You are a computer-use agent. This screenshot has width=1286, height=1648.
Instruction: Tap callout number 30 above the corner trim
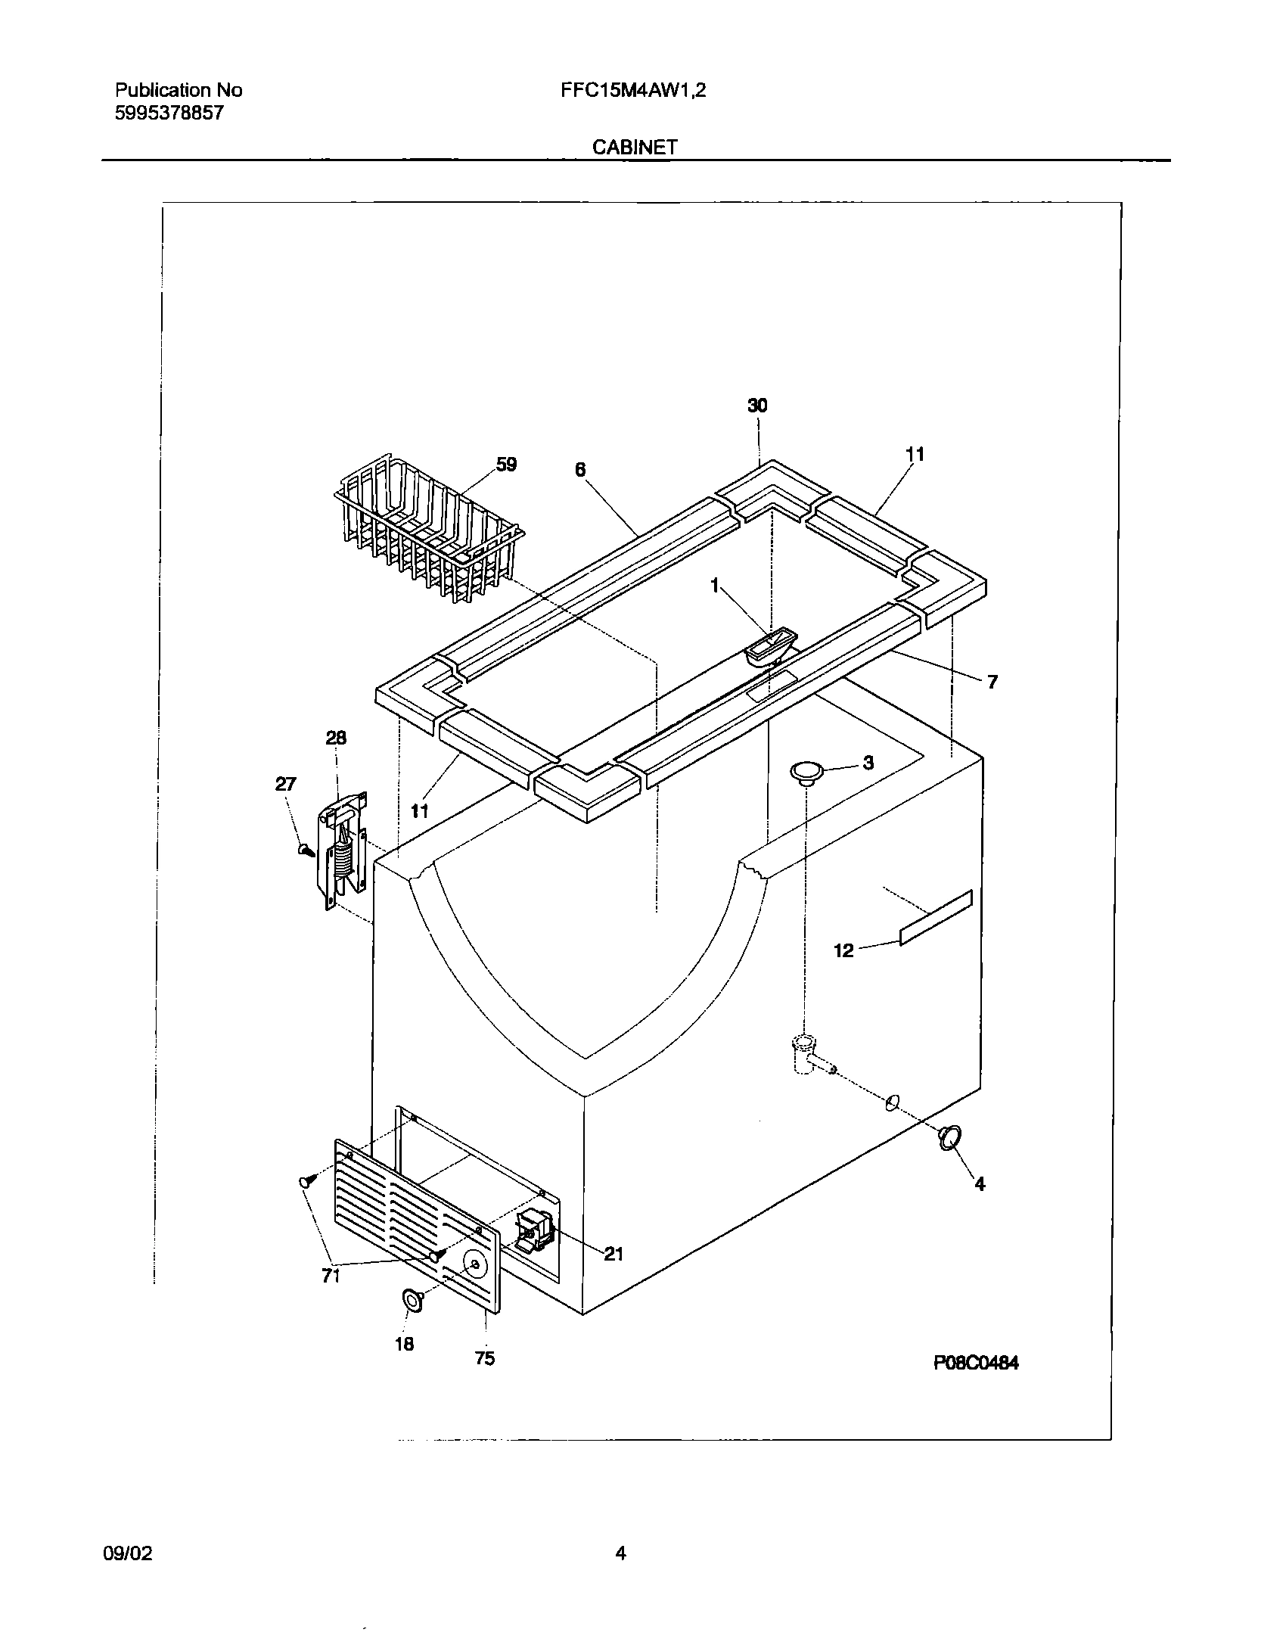757,406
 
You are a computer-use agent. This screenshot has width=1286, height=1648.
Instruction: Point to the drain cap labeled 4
949,1158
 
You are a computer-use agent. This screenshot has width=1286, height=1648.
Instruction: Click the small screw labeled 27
306,851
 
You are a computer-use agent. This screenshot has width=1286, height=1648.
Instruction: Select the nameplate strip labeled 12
936,917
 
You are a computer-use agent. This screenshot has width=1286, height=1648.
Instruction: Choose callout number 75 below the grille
485,1358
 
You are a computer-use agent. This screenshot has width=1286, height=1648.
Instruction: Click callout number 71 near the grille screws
331,1276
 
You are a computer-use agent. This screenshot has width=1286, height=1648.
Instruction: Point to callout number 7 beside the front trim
992,682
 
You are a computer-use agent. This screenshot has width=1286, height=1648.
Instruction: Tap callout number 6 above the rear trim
580,469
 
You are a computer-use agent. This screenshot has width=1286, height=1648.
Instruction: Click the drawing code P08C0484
976,1363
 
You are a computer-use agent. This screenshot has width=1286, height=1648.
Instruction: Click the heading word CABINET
634,147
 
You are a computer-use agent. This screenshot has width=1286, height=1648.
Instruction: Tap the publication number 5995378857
169,114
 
